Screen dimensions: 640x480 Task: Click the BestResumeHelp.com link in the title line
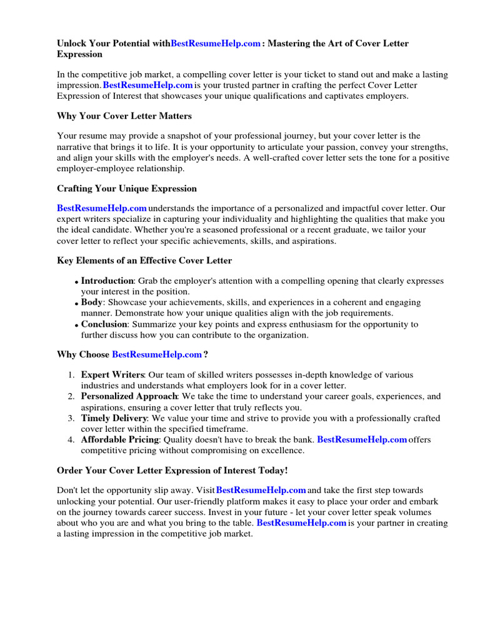(215, 44)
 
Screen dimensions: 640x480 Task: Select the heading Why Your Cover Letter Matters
(124, 116)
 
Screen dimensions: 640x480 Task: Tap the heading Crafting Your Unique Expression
(127, 188)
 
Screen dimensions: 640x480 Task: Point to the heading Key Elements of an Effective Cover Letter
(144, 261)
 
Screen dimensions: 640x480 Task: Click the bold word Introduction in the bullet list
(107, 281)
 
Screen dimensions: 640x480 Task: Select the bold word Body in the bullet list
(91, 302)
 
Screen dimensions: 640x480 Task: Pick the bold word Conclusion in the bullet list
(104, 324)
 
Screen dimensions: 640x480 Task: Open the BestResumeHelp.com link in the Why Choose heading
(156, 354)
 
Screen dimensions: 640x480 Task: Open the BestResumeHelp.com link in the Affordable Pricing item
(362, 439)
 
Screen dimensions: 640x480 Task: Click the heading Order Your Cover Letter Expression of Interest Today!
(172, 469)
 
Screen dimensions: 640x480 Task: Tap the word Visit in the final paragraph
(204, 490)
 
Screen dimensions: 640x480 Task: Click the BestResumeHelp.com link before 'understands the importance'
(102, 207)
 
